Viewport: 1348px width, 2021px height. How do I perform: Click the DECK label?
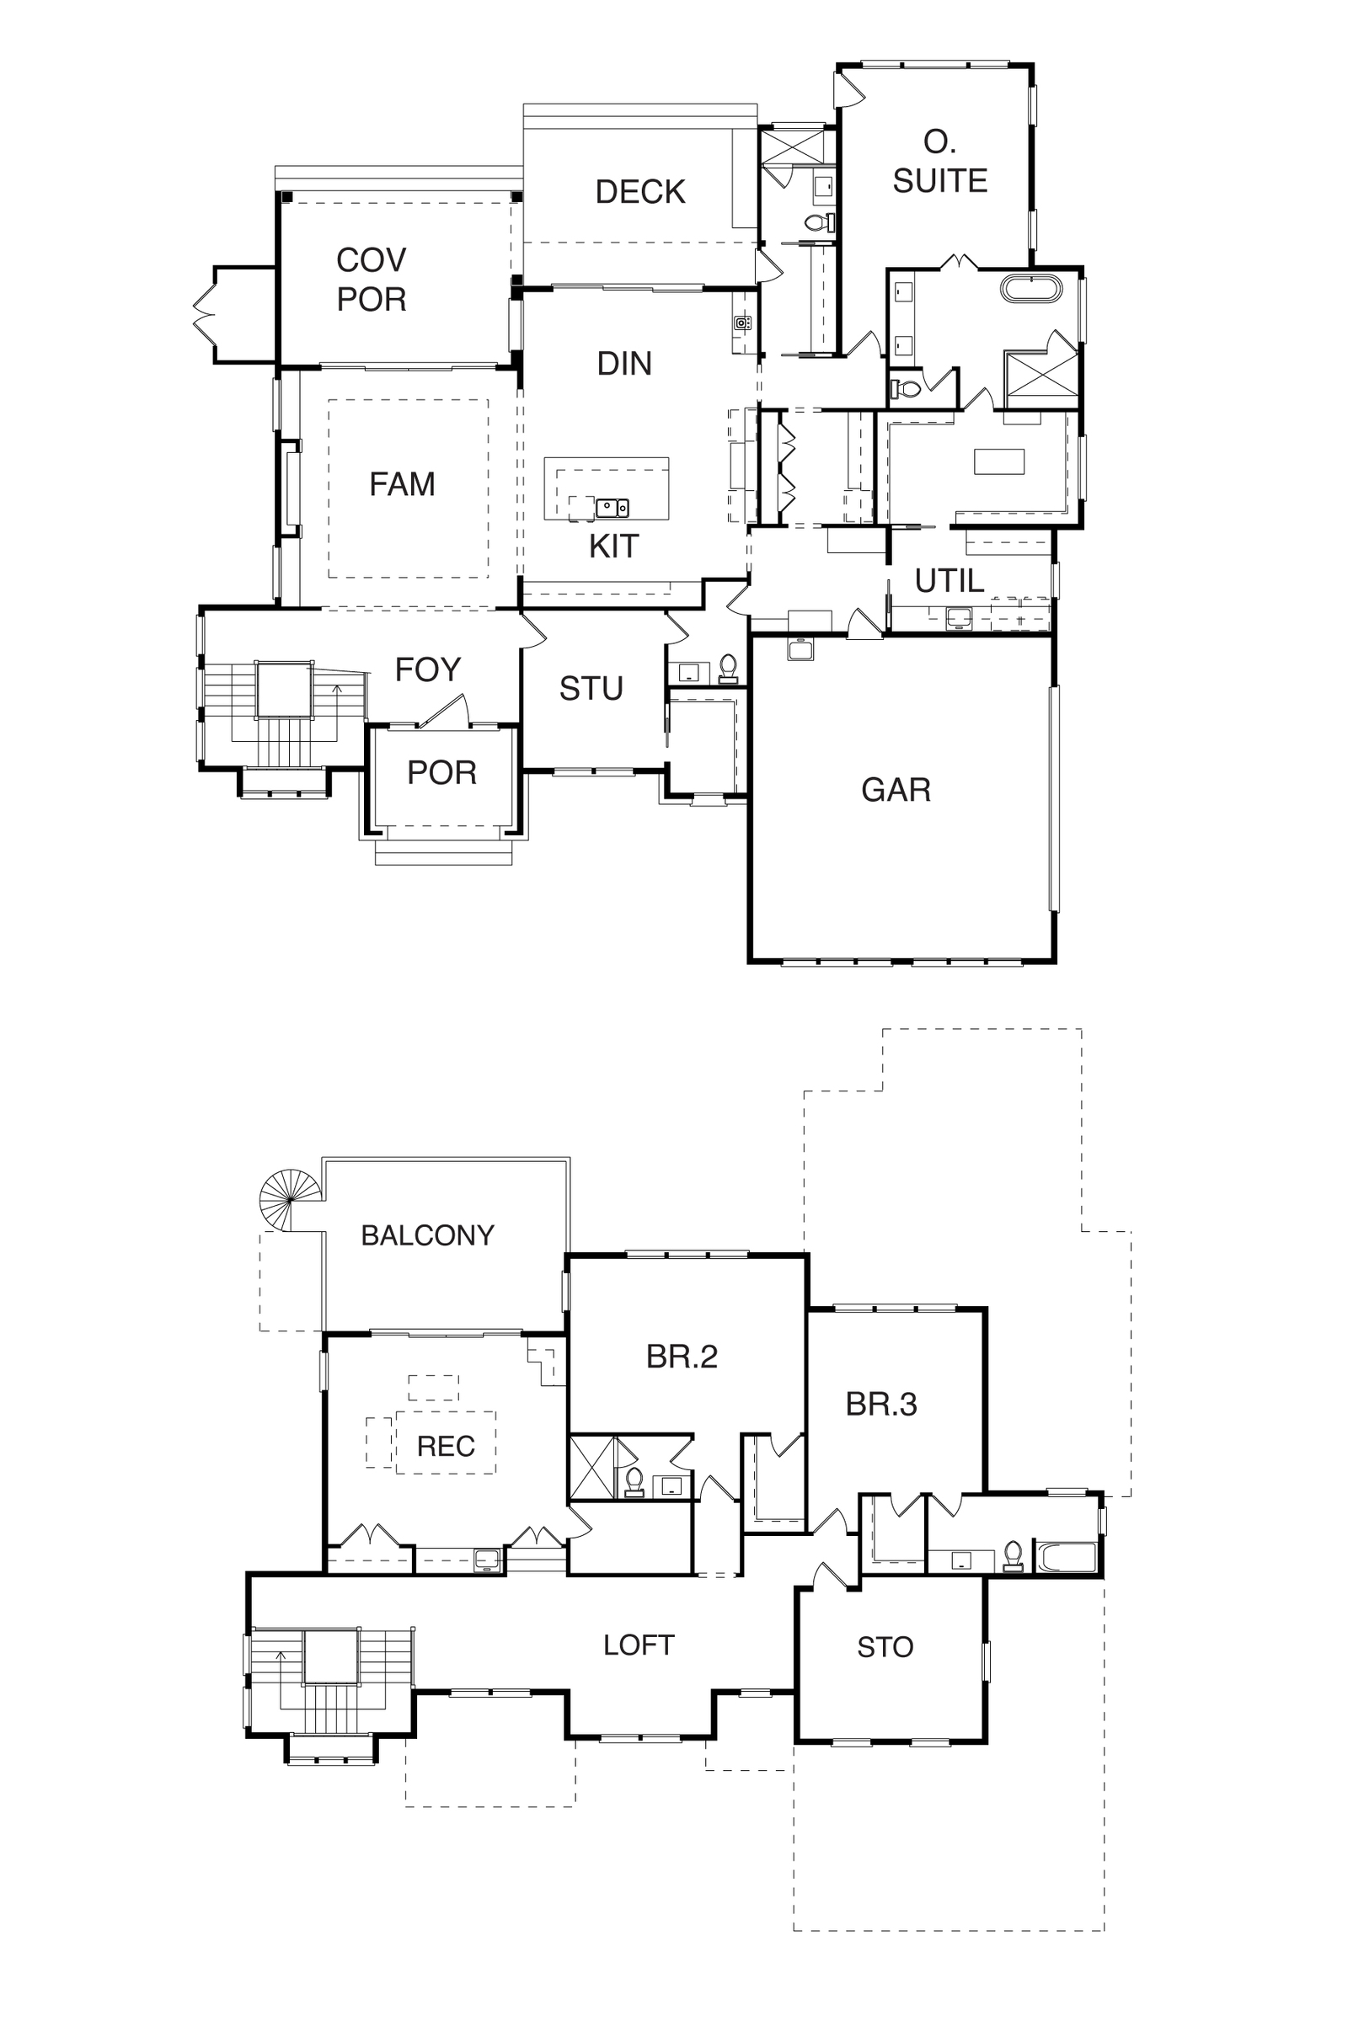point(639,192)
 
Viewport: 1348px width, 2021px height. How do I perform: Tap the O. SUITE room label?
point(939,162)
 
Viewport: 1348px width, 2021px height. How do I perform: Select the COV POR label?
point(372,280)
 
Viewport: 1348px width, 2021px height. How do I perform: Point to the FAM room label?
point(403,485)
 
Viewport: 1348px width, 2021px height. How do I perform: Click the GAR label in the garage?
point(896,790)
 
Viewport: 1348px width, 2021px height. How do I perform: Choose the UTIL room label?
point(949,582)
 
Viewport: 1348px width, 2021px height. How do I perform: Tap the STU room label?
point(591,689)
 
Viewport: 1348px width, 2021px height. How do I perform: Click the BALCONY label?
point(427,1235)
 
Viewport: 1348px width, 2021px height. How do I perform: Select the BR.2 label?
point(682,1356)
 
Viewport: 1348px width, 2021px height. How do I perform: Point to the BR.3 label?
point(881,1404)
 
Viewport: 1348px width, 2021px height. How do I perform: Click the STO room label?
point(885,1647)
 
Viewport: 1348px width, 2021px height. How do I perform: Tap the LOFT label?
point(639,1645)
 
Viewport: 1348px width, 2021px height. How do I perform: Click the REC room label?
point(446,1446)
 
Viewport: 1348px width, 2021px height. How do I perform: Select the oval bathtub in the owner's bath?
point(1031,288)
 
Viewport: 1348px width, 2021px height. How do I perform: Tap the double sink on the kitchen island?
point(612,508)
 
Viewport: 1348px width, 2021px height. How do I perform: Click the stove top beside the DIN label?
point(743,323)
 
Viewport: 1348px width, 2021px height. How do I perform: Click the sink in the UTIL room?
point(958,617)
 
